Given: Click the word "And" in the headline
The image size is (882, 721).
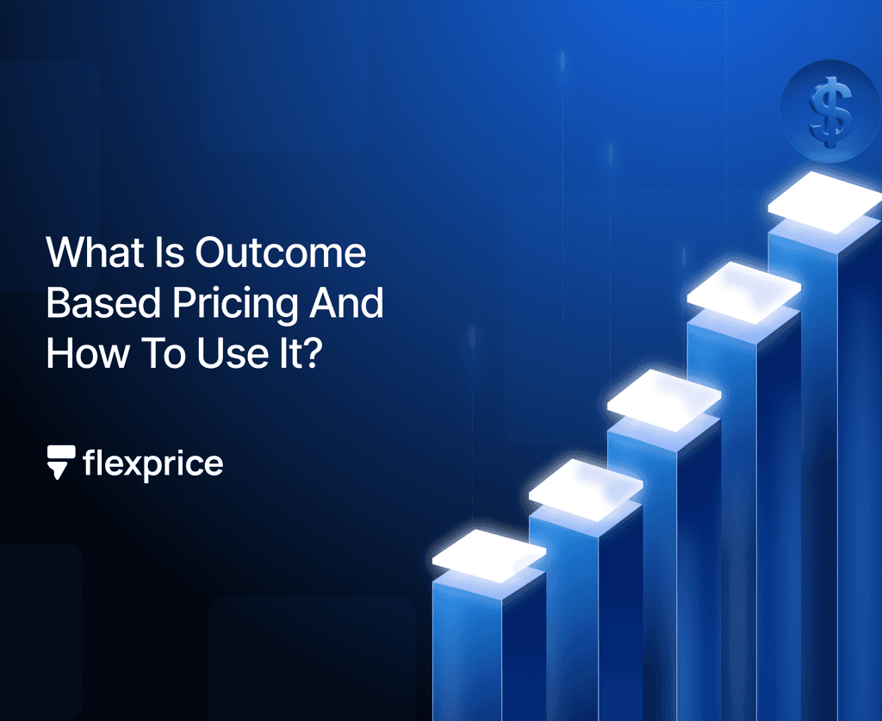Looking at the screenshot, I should [351, 304].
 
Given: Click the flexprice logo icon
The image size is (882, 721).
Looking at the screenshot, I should [61, 463].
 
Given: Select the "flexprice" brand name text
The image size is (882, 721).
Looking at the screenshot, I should [153, 464].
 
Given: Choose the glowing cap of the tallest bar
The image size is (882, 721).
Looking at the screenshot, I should [824, 202].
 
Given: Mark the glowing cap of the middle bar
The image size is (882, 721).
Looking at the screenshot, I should [664, 398].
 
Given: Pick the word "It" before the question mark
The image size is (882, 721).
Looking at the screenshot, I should [288, 354].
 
